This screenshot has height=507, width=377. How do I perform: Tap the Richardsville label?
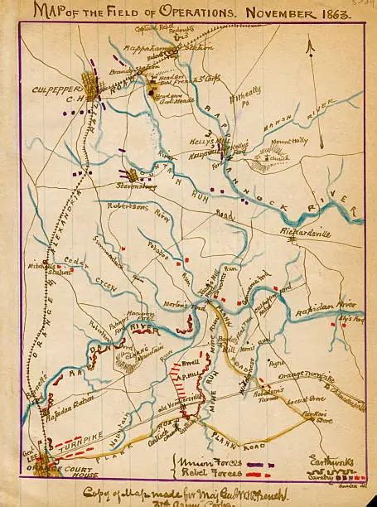(306, 233)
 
